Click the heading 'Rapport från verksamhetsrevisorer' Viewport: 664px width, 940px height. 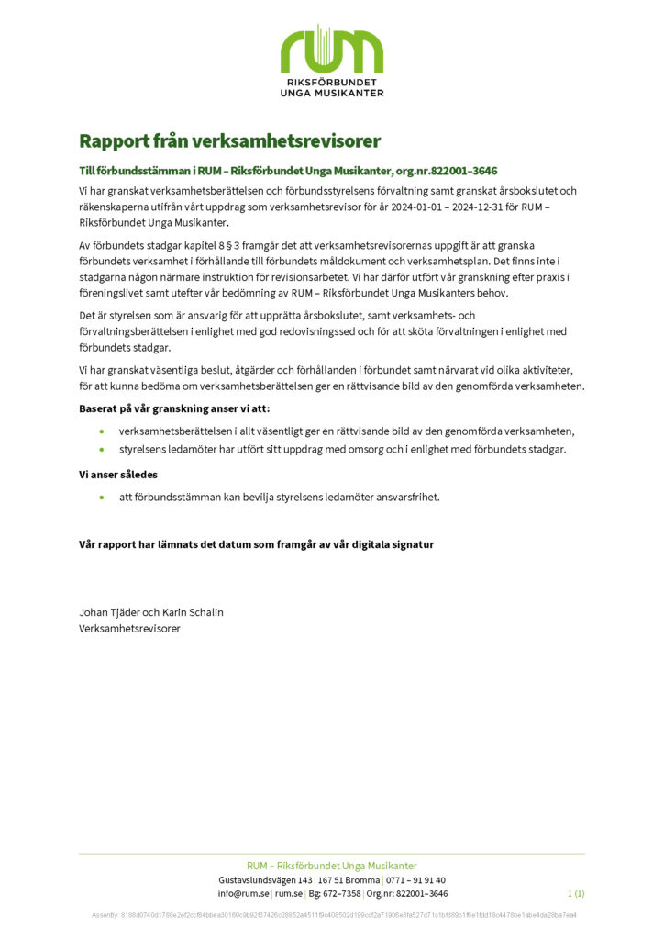pos(229,141)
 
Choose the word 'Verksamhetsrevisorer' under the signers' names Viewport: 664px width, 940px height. pos(129,629)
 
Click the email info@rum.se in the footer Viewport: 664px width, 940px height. pos(244,893)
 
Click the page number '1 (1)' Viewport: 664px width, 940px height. pos(576,893)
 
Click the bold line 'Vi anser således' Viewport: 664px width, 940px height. pos(118,475)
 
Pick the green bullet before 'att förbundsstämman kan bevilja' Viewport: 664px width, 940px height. pos(102,498)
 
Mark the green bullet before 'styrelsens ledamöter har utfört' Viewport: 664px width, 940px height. pos(102,450)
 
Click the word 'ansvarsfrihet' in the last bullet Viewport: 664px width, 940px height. pos(410,498)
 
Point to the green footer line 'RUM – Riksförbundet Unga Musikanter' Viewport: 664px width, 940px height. pos(331,866)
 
